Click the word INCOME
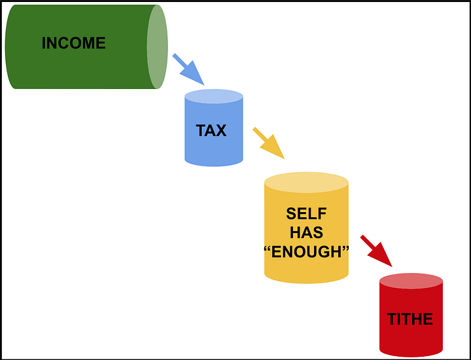click(73, 43)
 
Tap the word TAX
click(211, 130)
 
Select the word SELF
click(306, 214)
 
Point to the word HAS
click(306, 233)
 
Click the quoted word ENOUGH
click(306, 252)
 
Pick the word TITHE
click(410, 319)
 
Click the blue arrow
click(188, 69)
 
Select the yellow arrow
click(268, 143)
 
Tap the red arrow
click(376, 251)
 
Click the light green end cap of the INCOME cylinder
click(157, 46)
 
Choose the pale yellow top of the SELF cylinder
click(306, 182)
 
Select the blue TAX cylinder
click(214, 147)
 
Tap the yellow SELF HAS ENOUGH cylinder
click(306, 268)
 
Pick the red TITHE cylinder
click(411, 337)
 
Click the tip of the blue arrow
click(204, 85)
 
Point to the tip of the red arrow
click(392, 266)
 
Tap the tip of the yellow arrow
click(285, 158)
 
